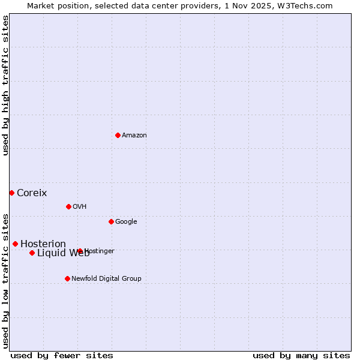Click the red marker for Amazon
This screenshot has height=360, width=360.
pyautogui.click(x=118, y=135)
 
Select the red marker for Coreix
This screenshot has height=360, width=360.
pyautogui.click(x=11, y=193)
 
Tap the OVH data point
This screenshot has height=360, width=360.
pyautogui.click(x=68, y=206)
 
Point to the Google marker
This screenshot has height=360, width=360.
pyautogui.click(x=111, y=221)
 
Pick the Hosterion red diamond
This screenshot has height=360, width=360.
pyautogui.click(x=15, y=244)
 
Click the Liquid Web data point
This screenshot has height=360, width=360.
pyautogui.click(x=32, y=253)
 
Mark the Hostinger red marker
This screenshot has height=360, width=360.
pyautogui.click(x=80, y=251)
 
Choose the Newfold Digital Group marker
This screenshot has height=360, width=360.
pyautogui.click(x=67, y=278)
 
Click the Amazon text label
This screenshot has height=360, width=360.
pyautogui.click(x=134, y=136)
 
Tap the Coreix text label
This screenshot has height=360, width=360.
pyautogui.click(x=32, y=193)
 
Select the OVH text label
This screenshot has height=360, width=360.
pyautogui.click(x=80, y=207)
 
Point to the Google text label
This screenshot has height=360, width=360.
pyautogui.click(x=126, y=222)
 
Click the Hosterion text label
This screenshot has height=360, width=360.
pyautogui.click(x=43, y=244)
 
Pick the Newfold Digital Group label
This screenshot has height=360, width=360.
pyautogui.click(x=107, y=279)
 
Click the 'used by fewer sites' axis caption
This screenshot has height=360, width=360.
pyautogui.click(x=62, y=355)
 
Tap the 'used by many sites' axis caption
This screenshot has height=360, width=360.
pyautogui.click(x=301, y=355)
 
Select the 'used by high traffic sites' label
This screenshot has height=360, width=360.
pyautogui.click(x=5, y=85)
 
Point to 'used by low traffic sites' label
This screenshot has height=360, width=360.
pyautogui.click(x=5, y=280)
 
